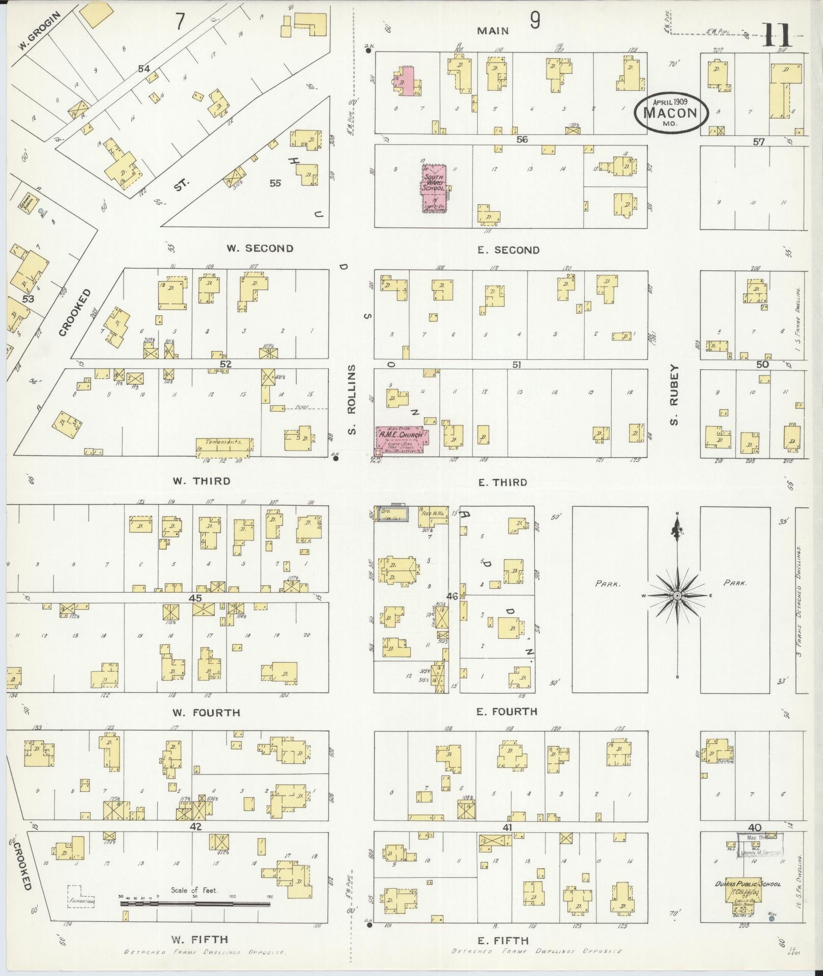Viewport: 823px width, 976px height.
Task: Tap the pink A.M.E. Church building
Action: point(401,439)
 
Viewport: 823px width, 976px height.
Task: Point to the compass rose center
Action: point(677,596)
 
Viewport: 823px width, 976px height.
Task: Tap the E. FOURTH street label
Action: point(506,711)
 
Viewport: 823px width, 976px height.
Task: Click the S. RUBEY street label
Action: point(674,394)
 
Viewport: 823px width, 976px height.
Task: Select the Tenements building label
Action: point(222,442)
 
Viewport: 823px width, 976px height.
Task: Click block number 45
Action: point(195,598)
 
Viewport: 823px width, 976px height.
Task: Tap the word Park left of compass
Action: point(607,583)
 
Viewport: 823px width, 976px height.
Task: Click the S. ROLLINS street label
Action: point(353,399)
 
